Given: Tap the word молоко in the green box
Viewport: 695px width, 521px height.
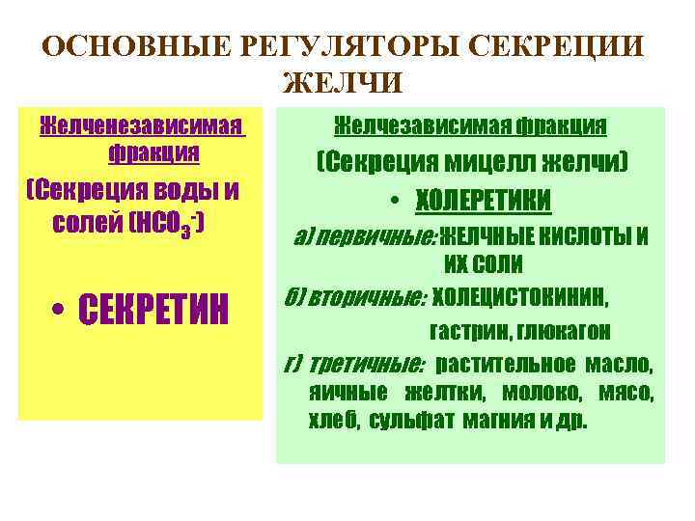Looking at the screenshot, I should point(542,394).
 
